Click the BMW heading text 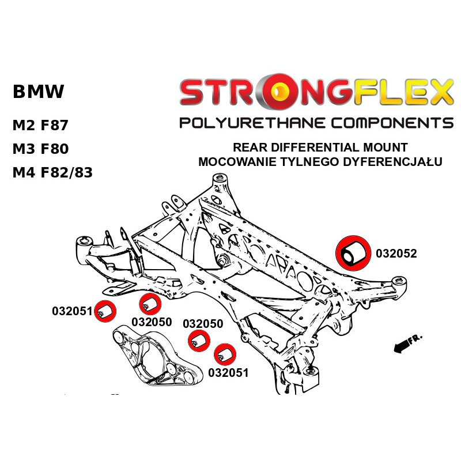[x=39, y=92]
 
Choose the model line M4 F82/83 [x=52, y=172]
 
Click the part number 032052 [x=396, y=253]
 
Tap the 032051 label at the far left [x=72, y=312]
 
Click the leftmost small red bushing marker [x=105, y=312]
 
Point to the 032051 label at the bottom [x=228, y=373]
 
